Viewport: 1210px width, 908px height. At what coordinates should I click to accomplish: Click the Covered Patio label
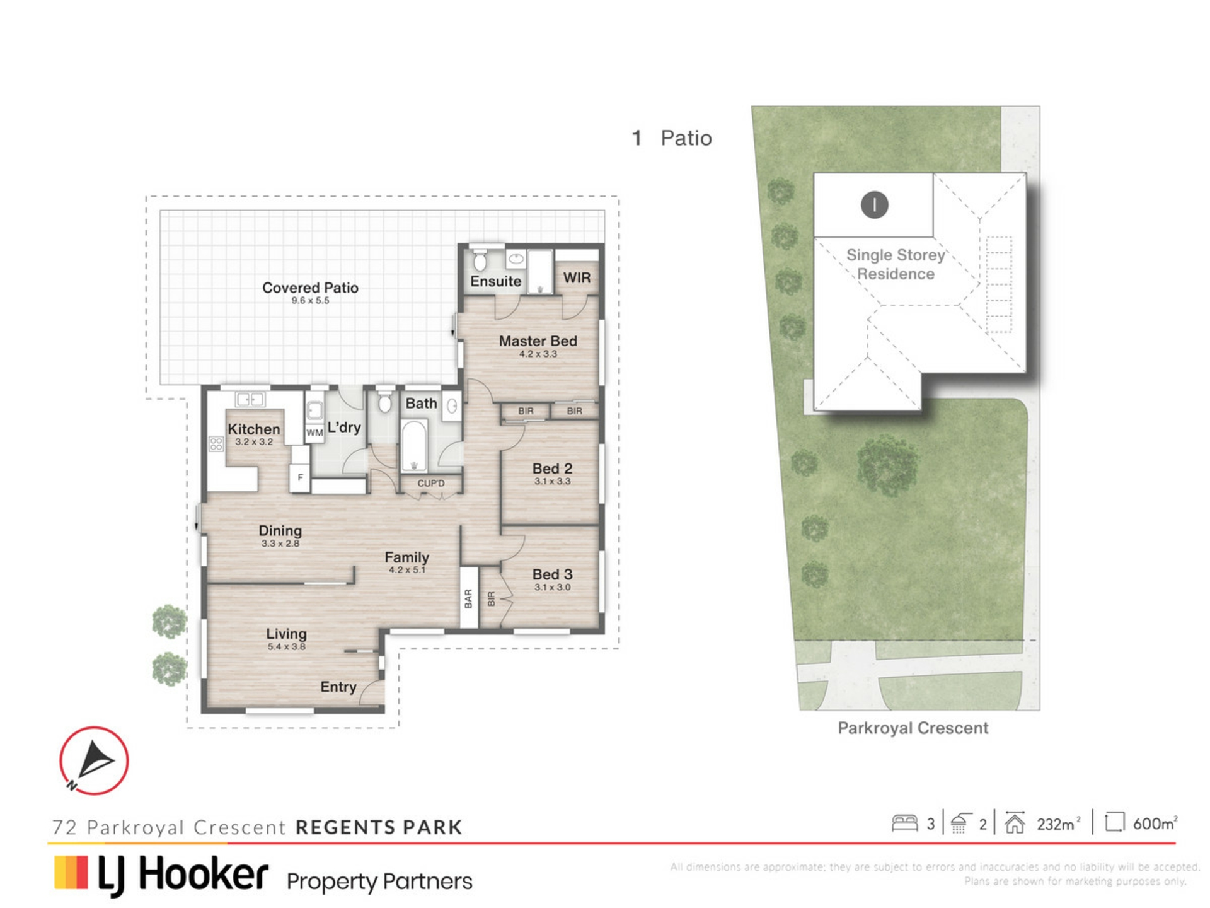[310, 288]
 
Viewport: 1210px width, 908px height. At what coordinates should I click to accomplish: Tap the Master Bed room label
[538, 341]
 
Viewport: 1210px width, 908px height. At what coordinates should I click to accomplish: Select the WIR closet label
[577, 277]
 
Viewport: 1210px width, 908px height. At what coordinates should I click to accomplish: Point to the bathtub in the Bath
[414, 445]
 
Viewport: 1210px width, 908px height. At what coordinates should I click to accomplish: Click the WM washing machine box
[314, 433]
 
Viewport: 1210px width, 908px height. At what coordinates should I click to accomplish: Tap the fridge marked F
[300, 477]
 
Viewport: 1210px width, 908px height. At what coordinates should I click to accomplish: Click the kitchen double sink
[250, 399]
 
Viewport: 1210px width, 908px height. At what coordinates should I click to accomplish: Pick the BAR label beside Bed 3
[468, 598]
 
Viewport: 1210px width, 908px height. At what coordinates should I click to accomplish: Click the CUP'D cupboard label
[431, 484]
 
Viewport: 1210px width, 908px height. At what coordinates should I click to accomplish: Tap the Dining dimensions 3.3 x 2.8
[280, 544]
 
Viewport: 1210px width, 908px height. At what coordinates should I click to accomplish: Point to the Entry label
[338, 687]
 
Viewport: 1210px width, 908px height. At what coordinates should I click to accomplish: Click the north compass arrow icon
[95, 759]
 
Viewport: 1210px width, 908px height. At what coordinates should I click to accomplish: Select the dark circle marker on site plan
[875, 205]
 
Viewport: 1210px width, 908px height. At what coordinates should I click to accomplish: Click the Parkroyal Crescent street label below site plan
[913, 728]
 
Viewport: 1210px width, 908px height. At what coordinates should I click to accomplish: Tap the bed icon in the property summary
[905, 823]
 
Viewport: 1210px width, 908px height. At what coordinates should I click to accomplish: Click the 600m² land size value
[1155, 823]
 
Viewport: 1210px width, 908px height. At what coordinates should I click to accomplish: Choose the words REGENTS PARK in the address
[379, 827]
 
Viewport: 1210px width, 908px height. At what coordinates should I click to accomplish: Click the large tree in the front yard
[887, 465]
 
